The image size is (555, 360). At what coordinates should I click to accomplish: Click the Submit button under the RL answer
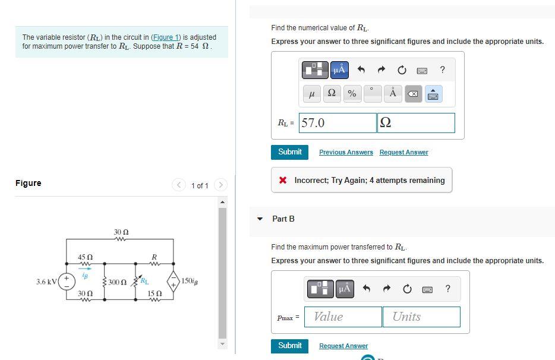(290, 151)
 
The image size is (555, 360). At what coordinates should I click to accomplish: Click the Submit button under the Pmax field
(290, 345)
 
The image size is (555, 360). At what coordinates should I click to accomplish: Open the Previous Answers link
(346, 153)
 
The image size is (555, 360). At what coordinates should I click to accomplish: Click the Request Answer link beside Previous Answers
(403, 153)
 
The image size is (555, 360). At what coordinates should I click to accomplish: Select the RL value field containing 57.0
(338, 123)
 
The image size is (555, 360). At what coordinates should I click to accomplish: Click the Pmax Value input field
(343, 317)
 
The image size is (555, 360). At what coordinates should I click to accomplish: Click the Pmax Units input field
(421, 317)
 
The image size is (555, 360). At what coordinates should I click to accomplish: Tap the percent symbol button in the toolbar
(352, 94)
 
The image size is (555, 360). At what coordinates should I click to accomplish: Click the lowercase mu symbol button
(311, 94)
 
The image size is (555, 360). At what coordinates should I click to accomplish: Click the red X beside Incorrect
(283, 181)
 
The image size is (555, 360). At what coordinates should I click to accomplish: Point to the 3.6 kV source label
(45, 281)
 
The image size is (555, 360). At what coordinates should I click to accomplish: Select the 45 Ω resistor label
(86, 257)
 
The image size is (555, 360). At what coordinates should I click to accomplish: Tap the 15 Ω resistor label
(154, 293)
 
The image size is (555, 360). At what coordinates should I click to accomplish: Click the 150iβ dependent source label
(190, 281)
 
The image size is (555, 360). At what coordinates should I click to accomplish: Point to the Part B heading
(283, 219)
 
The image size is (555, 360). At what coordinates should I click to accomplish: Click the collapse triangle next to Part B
(260, 219)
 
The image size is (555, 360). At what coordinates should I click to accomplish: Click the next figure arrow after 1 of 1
(220, 185)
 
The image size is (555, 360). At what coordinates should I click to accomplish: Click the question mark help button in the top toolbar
(442, 70)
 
